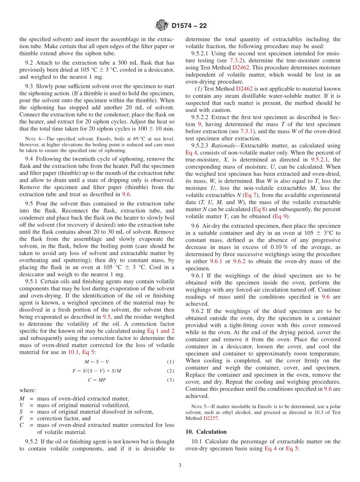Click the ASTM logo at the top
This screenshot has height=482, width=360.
(x=162, y=26)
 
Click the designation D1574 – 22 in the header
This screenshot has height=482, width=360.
(x=189, y=26)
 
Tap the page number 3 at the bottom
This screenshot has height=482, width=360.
(x=180, y=465)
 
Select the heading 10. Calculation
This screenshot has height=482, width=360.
(x=206, y=432)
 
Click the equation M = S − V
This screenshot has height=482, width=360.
(x=97, y=361)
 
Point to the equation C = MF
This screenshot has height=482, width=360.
(x=97, y=380)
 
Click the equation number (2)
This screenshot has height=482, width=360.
(x=171, y=371)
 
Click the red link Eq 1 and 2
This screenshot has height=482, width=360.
(x=161, y=331)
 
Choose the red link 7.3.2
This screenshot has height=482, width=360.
(x=237, y=60)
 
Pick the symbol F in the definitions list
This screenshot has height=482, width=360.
(x=21, y=418)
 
